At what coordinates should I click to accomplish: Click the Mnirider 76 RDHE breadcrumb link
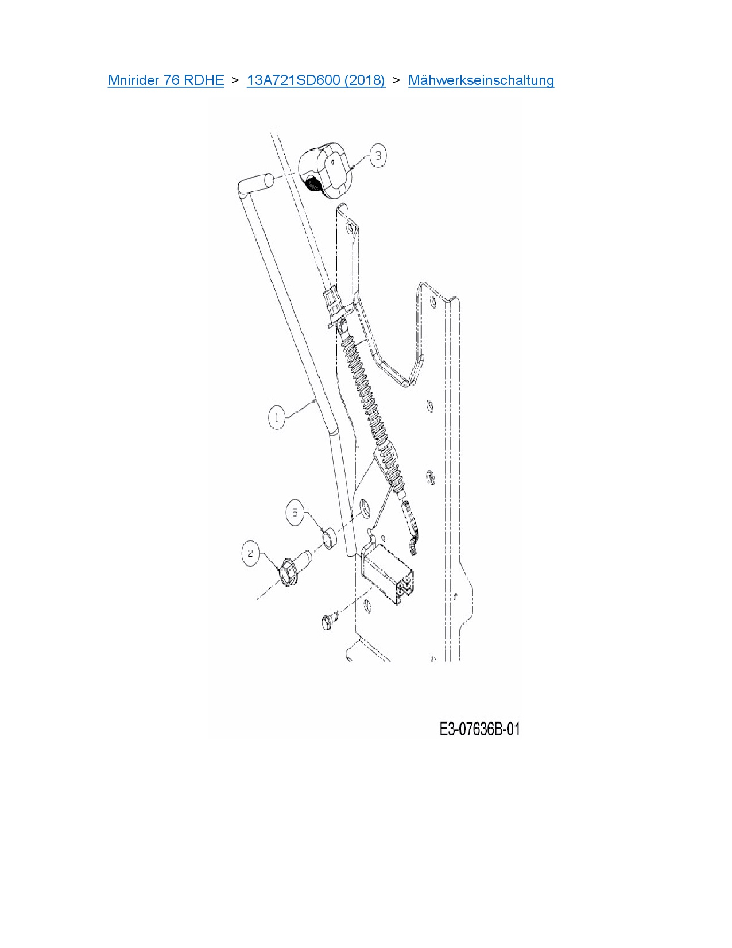[165, 80]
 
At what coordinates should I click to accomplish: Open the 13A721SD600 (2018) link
[316, 80]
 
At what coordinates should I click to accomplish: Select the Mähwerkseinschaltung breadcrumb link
[481, 80]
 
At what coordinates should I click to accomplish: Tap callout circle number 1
[277, 417]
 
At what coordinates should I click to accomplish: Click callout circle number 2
[250, 554]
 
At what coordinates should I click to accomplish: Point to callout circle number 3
[378, 155]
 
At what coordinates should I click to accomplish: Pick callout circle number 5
[295, 512]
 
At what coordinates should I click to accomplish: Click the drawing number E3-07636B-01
[479, 729]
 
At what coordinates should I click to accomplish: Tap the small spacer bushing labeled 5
[329, 540]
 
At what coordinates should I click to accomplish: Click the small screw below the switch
[328, 621]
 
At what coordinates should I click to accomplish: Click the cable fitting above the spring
[334, 305]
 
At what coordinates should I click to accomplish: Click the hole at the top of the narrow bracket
[350, 228]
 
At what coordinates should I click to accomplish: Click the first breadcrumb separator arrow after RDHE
[235, 80]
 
